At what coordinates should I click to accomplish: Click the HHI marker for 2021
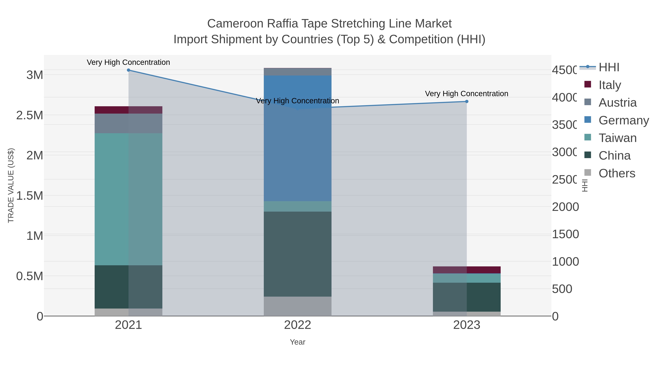(129, 70)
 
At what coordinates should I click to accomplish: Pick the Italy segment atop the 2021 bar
(129, 110)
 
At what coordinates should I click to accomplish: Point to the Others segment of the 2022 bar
(297, 306)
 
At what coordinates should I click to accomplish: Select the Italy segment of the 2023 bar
(467, 270)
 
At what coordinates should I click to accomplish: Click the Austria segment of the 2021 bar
(129, 123)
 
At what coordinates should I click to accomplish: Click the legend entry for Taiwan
(617, 138)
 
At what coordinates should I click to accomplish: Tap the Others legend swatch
(588, 173)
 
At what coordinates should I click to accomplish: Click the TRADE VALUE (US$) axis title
(11, 185)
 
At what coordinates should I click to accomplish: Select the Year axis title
(297, 342)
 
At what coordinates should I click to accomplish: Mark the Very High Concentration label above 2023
(467, 94)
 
